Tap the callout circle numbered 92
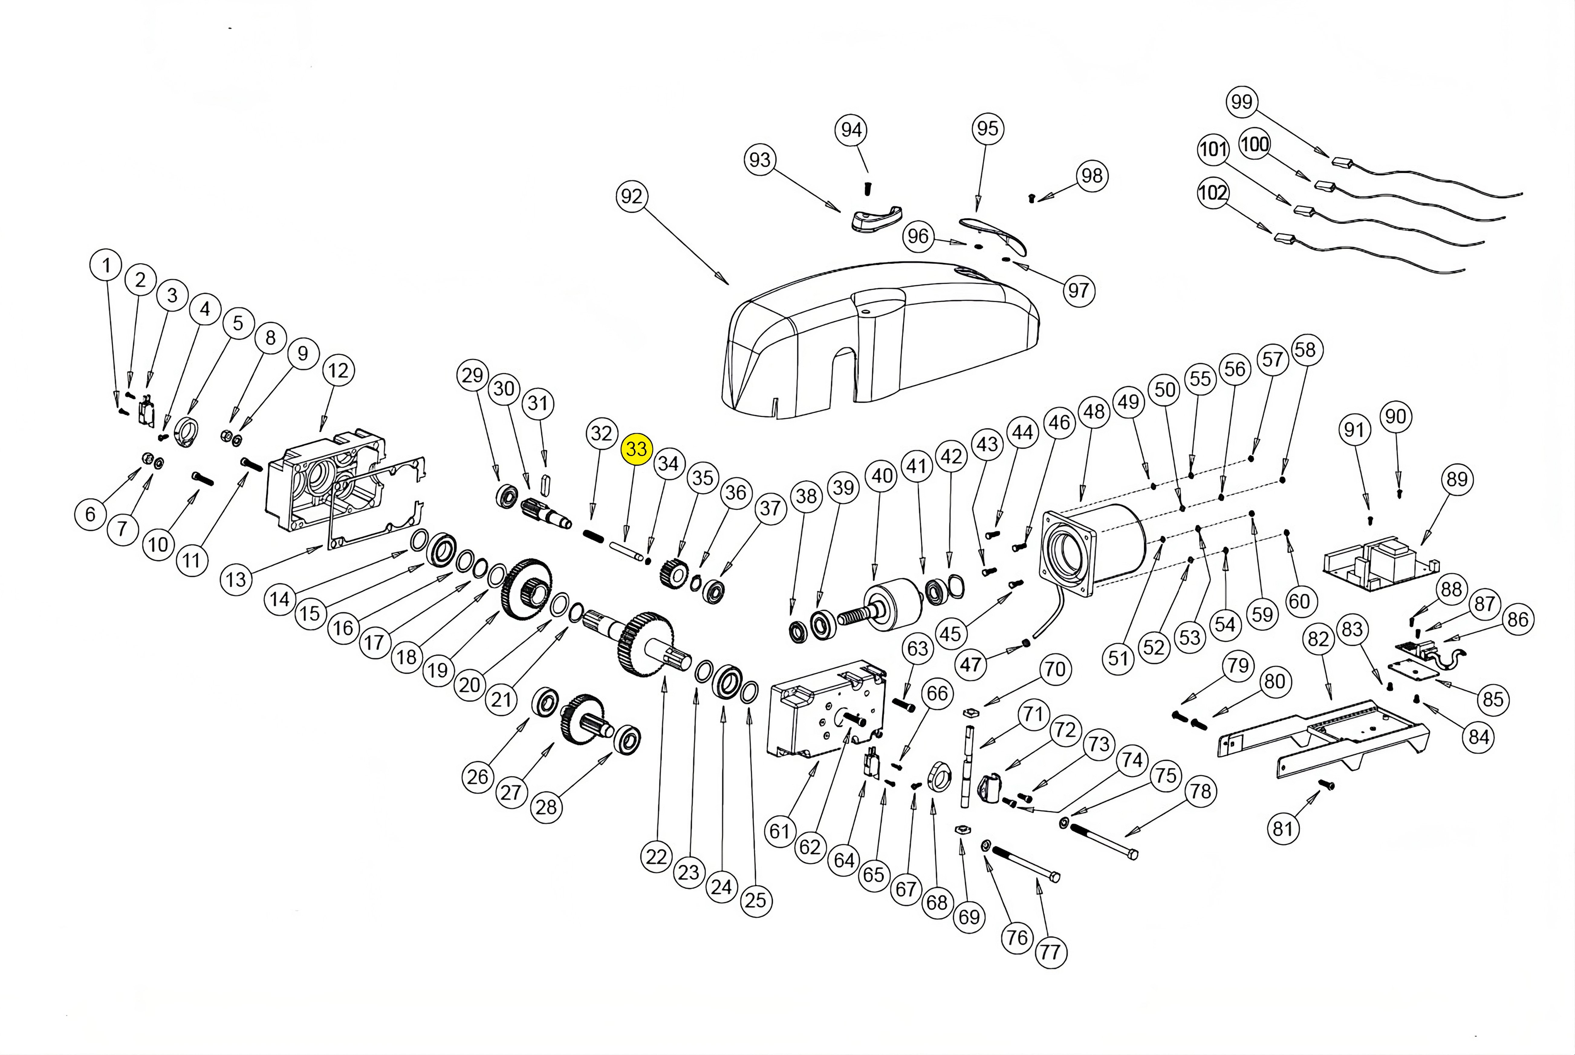[x=632, y=197]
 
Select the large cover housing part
[x=881, y=343]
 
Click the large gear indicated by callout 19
[x=527, y=589]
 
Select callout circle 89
[x=1456, y=479]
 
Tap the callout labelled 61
[x=779, y=831]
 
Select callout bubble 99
[x=1242, y=102]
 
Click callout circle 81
[x=1282, y=828]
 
